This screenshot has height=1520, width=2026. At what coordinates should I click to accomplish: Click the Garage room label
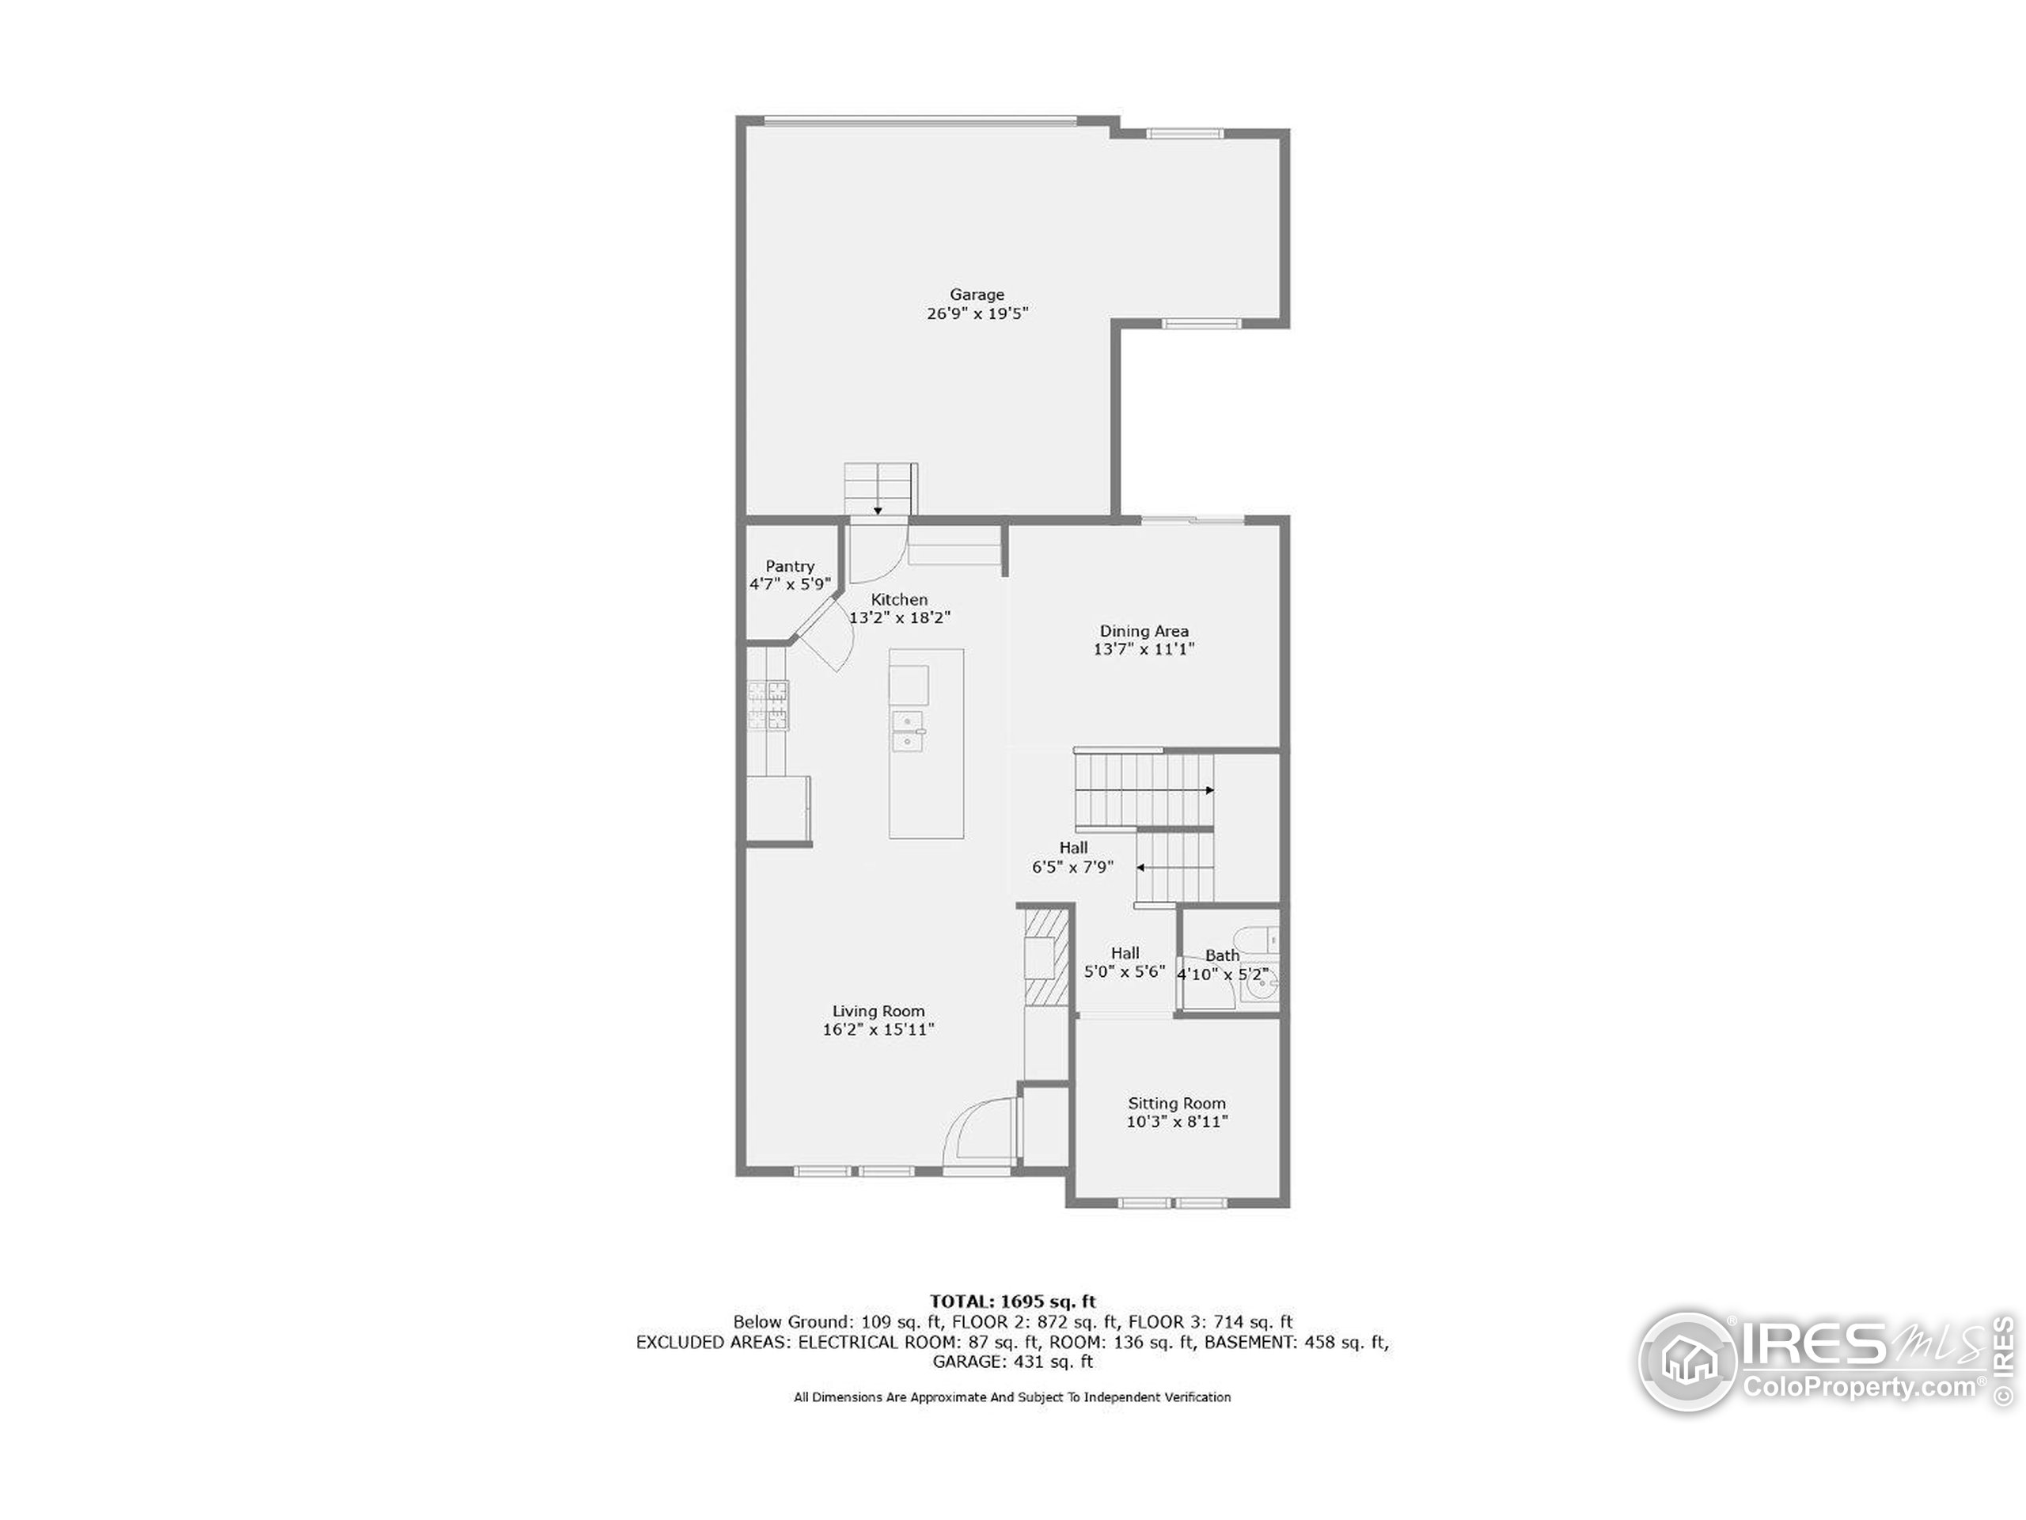point(977,295)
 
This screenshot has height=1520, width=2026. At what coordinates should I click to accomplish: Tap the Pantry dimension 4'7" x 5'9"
point(790,583)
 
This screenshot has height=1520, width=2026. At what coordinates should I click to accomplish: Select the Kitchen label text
point(898,599)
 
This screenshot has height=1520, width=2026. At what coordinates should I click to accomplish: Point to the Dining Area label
point(1143,630)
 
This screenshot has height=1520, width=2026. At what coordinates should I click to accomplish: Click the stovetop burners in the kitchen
point(768,705)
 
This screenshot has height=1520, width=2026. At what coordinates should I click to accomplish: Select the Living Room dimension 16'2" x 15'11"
point(878,1029)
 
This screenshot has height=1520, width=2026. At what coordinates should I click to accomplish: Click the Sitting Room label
point(1176,1103)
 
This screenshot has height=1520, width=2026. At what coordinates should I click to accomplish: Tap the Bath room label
point(1222,955)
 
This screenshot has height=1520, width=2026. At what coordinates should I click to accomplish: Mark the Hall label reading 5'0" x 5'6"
point(1124,971)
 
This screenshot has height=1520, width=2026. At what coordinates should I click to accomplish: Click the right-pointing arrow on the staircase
point(1209,790)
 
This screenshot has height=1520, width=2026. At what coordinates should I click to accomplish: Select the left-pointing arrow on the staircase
point(1140,867)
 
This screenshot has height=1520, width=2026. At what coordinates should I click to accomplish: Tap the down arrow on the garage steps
point(878,511)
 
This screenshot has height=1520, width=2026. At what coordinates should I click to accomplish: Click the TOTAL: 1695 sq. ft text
point(1012,1301)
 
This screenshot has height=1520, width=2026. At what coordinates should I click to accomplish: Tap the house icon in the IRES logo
point(1687,1362)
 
